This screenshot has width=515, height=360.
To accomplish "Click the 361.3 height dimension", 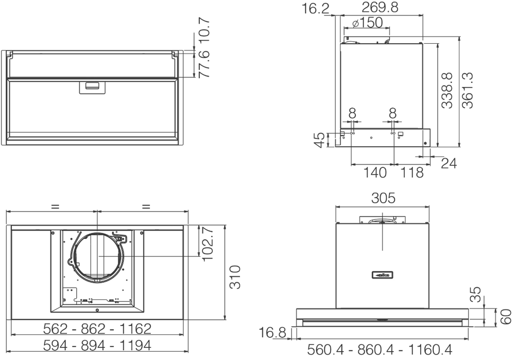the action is point(468,90).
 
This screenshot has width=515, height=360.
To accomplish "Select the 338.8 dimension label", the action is point(447,91).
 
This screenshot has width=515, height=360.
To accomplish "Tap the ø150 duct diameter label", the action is point(367,23).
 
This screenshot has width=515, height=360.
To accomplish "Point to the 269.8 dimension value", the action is point(380,7).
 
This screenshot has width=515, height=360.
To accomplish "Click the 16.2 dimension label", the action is point(315,8).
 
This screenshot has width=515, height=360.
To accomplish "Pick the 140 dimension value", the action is point(375,173).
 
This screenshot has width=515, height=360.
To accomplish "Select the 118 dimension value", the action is point(412,173).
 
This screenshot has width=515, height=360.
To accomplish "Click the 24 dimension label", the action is point(449,163).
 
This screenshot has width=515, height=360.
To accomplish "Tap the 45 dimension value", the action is point(319,140).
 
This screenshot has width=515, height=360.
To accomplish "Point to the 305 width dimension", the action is point(383,198).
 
